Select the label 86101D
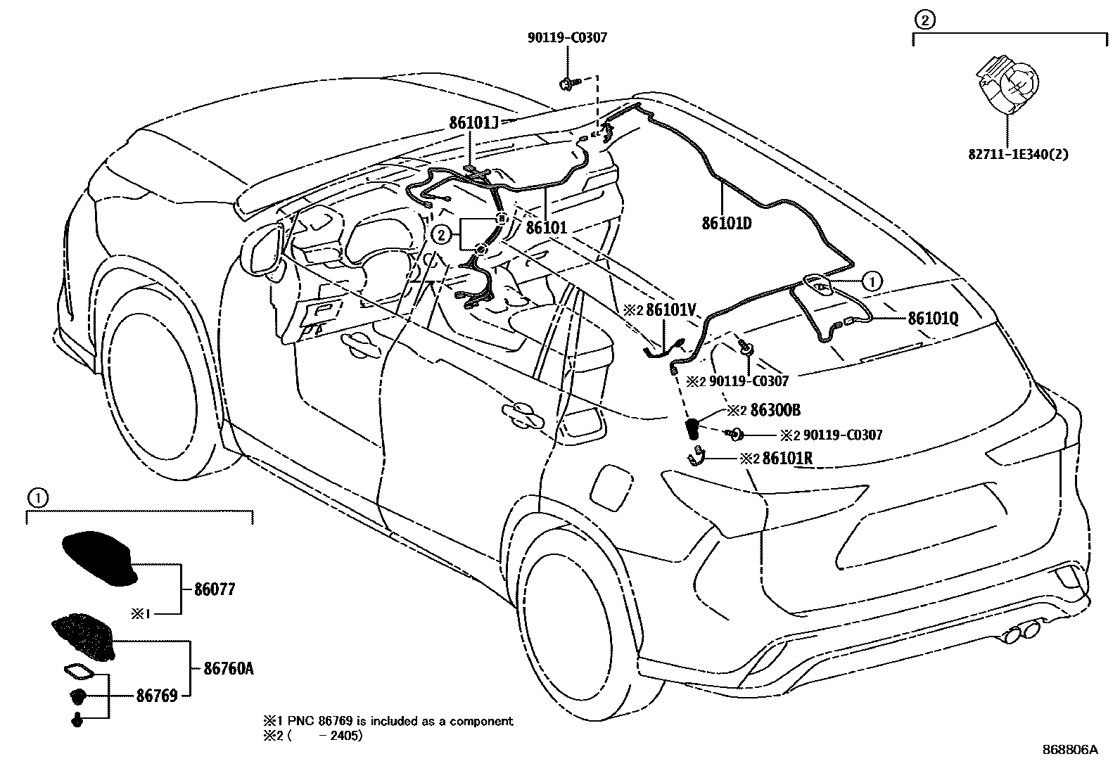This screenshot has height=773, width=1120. coord(726,224)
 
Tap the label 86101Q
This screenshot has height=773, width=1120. coord(933,318)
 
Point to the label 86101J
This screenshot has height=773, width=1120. coord(473,123)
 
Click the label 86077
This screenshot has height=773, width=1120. coord(215,589)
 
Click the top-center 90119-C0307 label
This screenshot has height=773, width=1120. coord(566,38)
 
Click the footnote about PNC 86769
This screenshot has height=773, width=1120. coord(388,721)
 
